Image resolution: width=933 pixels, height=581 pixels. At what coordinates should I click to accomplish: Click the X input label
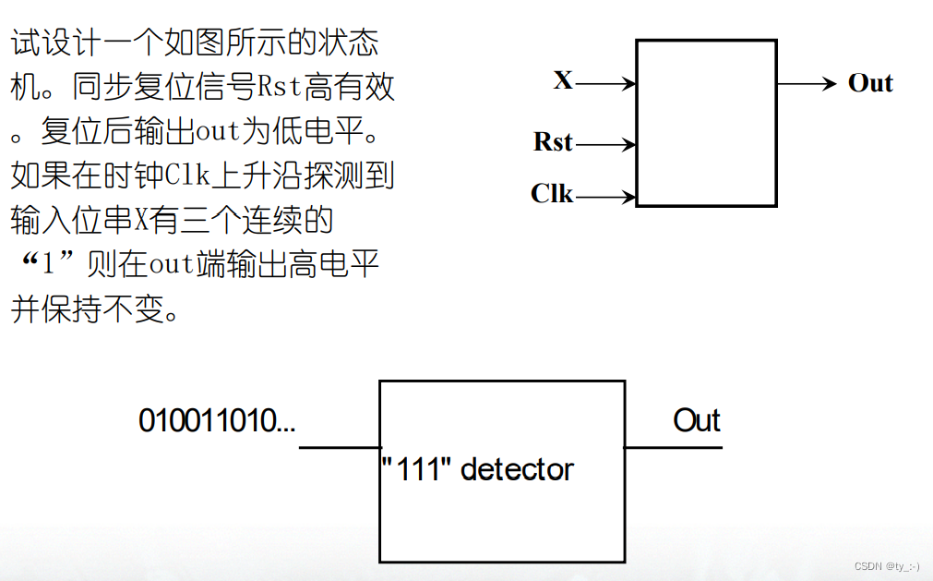point(563,80)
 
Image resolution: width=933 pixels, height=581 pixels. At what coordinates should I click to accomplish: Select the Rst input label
point(553,142)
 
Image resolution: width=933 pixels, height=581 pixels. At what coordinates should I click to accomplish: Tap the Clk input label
point(552,194)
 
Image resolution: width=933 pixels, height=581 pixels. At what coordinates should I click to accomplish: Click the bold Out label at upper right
point(870,83)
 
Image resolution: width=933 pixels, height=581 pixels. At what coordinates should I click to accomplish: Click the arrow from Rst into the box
point(605,145)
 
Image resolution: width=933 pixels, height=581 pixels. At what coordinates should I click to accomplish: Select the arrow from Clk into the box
point(605,196)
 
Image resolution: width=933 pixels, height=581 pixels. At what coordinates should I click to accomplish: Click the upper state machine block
point(706,123)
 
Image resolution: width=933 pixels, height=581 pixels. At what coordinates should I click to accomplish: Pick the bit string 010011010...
point(217,421)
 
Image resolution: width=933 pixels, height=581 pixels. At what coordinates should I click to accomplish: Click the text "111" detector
point(477,469)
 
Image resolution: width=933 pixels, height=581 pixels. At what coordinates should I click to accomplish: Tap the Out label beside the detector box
point(696,421)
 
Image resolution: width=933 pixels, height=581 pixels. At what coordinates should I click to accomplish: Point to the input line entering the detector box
point(339,448)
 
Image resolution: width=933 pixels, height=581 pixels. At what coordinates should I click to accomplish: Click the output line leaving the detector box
point(673,448)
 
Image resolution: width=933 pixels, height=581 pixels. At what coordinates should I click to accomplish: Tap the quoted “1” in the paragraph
point(49,265)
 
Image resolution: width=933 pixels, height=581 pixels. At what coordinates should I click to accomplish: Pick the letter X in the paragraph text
point(141,220)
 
